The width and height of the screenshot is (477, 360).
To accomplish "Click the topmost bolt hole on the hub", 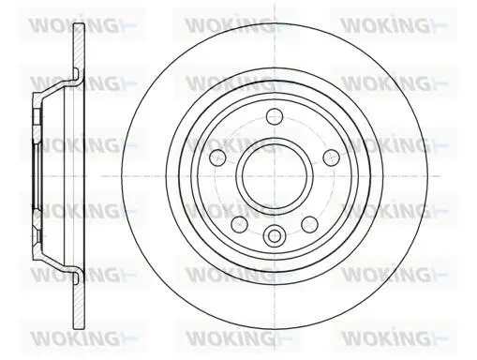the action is point(275,116).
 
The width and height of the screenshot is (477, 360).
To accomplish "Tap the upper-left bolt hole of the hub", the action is point(217,157).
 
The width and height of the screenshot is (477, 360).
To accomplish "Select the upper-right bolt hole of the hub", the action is point(331,157).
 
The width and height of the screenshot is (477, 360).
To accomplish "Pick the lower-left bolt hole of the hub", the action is point(239,224).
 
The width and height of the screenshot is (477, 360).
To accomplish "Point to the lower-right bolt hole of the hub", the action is point(309,224).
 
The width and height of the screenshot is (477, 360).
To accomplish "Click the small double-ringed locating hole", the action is point(275,235).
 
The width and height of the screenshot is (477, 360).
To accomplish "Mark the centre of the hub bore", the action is point(275,176).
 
